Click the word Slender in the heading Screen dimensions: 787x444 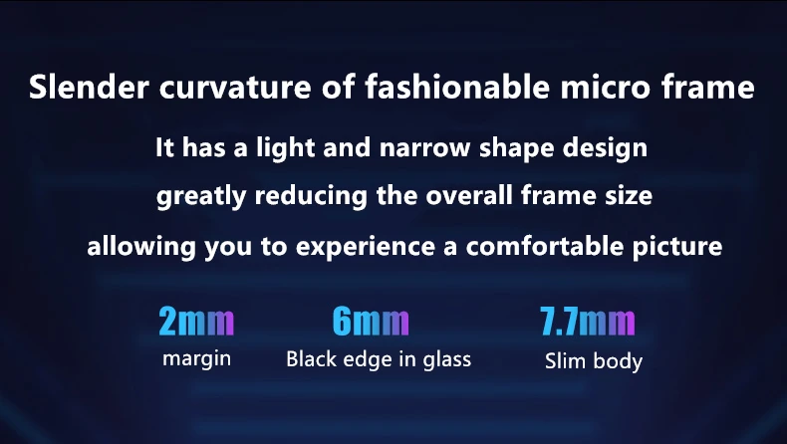(x=89, y=87)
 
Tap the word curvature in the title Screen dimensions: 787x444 (x=235, y=87)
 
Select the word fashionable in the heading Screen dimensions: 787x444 (x=456, y=86)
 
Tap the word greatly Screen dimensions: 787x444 (x=201, y=197)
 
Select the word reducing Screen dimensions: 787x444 (x=311, y=197)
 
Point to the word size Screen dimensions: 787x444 (x=628, y=195)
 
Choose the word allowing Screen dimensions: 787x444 (x=141, y=247)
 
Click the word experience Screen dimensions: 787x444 (x=366, y=248)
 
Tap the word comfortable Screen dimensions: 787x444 (x=544, y=246)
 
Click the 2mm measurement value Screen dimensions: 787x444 (x=196, y=322)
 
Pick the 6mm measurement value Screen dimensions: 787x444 (x=371, y=322)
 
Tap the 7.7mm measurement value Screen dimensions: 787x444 (x=587, y=322)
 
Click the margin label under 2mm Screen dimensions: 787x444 (x=197, y=359)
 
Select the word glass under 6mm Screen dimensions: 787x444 (x=446, y=360)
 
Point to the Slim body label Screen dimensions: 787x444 (x=594, y=361)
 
